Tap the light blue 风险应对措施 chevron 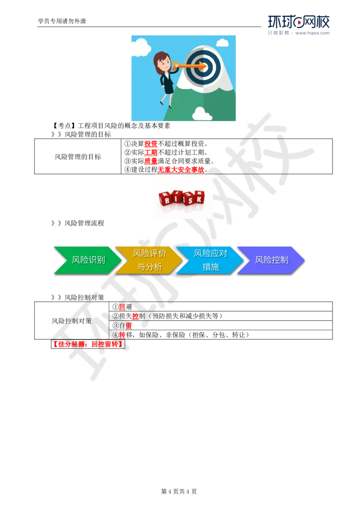pyautogui.click(x=210, y=260)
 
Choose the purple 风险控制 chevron pyautogui.click(x=271, y=260)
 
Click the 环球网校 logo pyautogui.click(x=298, y=25)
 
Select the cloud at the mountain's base pyautogui.click(x=202, y=114)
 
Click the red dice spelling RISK pyautogui.click(x=182, y=198)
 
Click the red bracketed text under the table pyautogui.click(x=88, y=344)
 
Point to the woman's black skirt pyautogui.click(x=168, y=89)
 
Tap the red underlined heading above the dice pyautogui.click(x=181, y=170)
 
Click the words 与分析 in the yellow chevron pyautogui.click(x=149, y=267)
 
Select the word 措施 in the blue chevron pyautogui.click(x=211, y=267)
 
